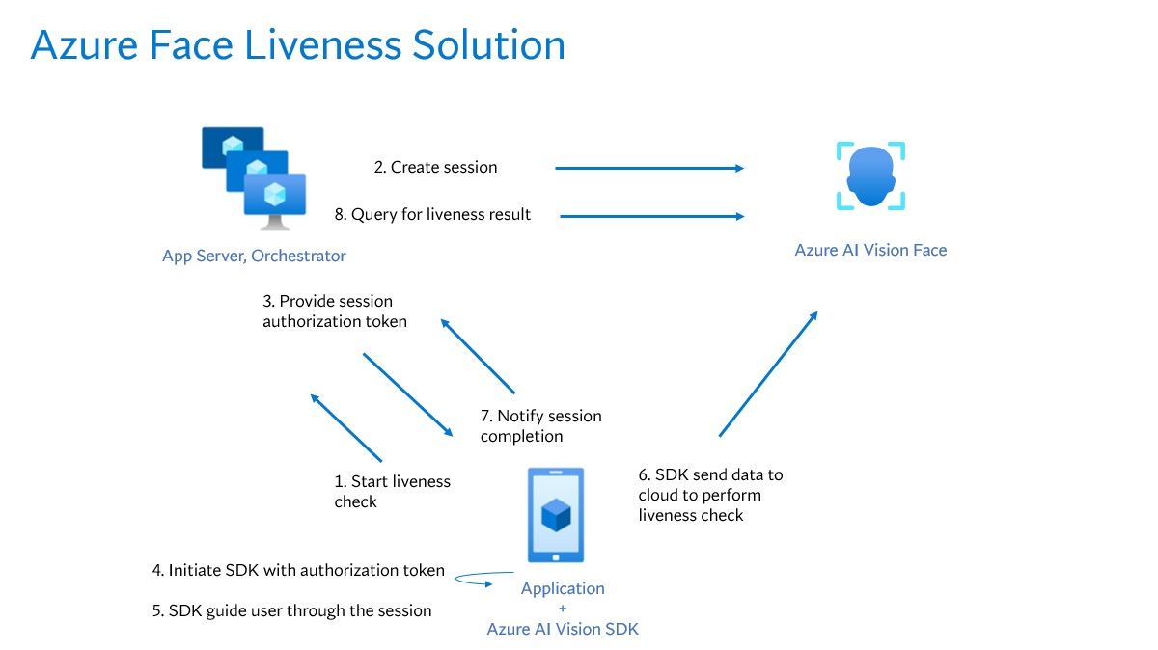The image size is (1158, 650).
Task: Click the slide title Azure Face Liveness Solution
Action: coord(297,45)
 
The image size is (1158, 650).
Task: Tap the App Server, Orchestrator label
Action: coord(254,256)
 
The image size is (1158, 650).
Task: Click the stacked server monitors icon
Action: coord(255,178)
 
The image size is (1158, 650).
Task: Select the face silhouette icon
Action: coord(870,176)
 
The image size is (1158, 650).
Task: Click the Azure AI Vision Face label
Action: coord(870,250)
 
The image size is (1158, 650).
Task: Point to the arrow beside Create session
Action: coord(649,168)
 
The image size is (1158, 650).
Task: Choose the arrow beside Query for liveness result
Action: coord(652,216)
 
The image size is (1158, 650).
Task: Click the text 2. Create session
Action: coord(435,167)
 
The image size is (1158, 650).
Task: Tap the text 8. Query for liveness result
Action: coord(432,214)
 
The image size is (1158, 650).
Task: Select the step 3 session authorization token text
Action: coord(334,311)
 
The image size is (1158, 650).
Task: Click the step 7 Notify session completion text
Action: coord(540,426)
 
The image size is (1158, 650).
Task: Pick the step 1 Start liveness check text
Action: coord(392,491)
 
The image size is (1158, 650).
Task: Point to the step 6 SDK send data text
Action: coord(710,495)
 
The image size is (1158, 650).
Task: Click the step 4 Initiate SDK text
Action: coord(298,570)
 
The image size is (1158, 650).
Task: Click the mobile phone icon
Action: coord(556,516)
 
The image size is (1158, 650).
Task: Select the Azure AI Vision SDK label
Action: coord(563,629)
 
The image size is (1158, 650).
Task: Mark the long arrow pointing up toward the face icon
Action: coord(769,374)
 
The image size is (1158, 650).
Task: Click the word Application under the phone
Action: coord(563,588)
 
